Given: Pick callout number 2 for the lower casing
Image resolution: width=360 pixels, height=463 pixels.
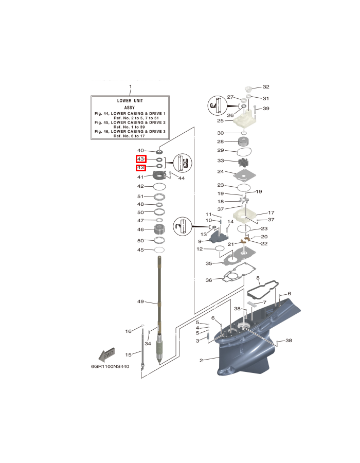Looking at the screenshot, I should click(x=201, y=361).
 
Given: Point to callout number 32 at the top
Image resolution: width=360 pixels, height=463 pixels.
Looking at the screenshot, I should click(x=266, y=87).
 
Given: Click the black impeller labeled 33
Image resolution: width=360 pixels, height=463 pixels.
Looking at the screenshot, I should click(x=243, y=161).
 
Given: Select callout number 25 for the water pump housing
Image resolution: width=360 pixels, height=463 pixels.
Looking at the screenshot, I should click(x=220, y=121).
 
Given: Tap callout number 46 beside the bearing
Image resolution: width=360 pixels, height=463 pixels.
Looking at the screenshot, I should click(x=140, y=229).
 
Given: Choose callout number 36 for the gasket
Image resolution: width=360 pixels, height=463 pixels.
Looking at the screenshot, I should click(x=209, y=280).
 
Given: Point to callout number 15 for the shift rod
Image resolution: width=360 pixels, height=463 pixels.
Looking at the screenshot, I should click(x=129, y=354).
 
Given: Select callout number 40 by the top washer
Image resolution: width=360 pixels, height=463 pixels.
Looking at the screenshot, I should click(x=140, y=151).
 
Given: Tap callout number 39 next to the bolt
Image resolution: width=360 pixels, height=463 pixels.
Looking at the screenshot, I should click(x=266, y=109).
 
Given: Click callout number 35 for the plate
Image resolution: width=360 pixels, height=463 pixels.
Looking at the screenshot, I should click(x=209, y=263).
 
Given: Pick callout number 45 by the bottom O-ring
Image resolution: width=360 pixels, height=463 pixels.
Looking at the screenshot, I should click(x=140, y=250).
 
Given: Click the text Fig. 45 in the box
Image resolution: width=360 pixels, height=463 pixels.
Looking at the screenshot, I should click(x=102, y=123).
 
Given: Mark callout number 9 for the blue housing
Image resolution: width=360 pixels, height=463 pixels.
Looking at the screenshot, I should click(x=200, y=241).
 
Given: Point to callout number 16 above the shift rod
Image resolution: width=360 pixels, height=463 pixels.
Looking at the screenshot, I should click(x=129, y=331).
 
